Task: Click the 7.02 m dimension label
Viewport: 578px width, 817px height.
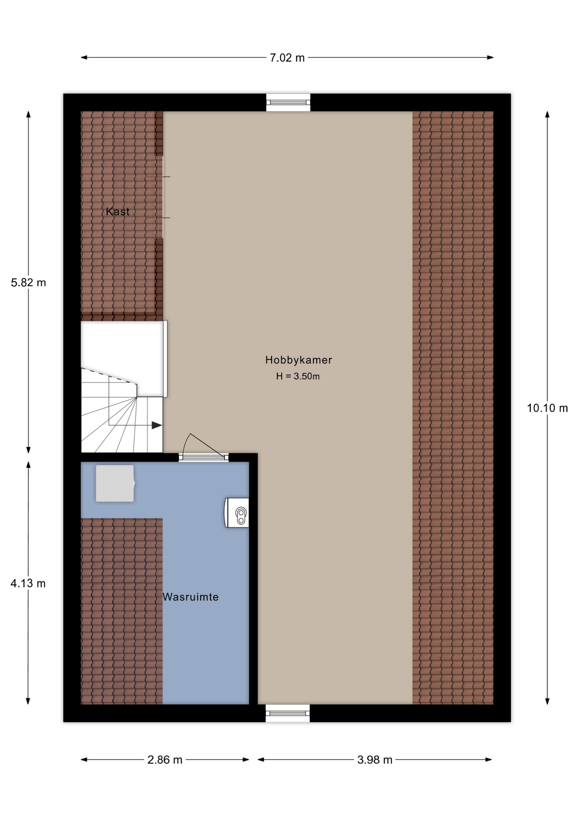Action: pos(287,58)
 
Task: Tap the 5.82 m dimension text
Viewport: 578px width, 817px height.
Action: pos(29,283)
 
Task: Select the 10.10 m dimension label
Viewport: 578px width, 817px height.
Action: pos(547,408)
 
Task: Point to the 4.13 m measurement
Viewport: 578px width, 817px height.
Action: pos(28,583)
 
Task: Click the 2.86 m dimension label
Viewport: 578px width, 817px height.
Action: pos(165,760)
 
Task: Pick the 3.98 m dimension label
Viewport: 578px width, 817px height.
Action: pos(375,760)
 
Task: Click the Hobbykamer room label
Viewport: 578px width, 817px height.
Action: pos(298,360)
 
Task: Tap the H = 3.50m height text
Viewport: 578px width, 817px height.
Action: pos(298,376)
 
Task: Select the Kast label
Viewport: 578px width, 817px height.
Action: pos(117,211)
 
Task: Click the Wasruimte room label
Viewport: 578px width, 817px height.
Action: pos(191,597)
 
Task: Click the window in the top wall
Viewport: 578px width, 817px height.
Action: pos(288,103)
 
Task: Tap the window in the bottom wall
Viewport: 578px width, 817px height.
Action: pos(288,713)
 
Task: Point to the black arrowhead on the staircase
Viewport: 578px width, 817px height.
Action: pos(157,425)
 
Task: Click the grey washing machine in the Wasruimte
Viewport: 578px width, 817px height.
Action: pos(115,483)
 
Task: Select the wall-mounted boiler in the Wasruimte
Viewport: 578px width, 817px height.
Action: pos(237,513)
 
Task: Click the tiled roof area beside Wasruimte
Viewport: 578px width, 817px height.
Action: pos(122,611)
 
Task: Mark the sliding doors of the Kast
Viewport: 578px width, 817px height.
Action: pos(160,197)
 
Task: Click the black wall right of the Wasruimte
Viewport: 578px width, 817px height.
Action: pos(253,579)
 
